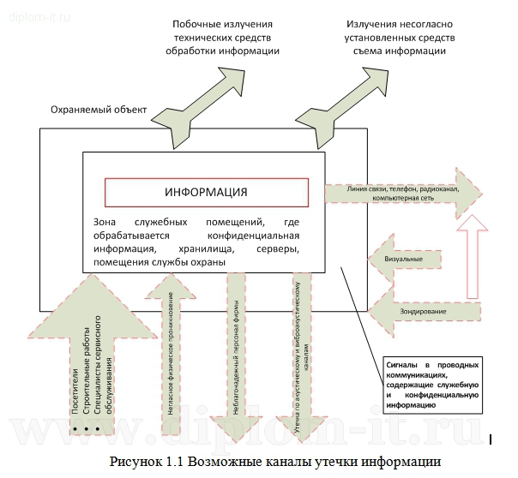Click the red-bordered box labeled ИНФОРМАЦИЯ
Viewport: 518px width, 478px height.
205,192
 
